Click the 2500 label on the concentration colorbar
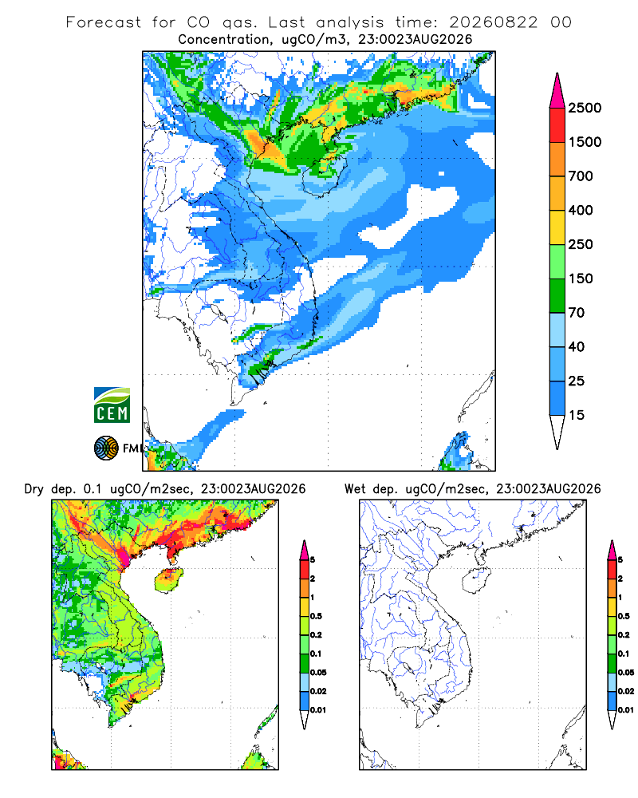pos(585,108)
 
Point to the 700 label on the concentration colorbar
pos(581,176)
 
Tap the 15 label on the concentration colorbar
pos(577,415)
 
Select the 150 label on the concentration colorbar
pos(581,279)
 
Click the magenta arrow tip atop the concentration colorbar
pos(557,91)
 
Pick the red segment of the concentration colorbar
pos(557,125)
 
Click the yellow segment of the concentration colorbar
pos(557,227)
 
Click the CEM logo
pos(112,405)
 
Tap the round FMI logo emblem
pos(106,448)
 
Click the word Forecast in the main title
pos(104,22)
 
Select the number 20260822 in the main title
pos(493,22)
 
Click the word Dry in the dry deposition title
pos(34,489)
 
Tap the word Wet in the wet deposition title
pos(356,489)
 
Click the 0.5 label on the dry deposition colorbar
pos(316,616)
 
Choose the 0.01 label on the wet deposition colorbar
pos(626,710)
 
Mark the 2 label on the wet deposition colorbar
pos(620,579)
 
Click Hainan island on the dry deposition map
pos(168,579)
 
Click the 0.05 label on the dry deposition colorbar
pos(318,672)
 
